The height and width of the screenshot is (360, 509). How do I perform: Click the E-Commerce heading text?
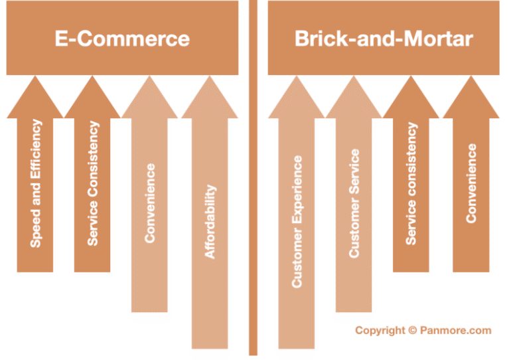(x=122, y=39)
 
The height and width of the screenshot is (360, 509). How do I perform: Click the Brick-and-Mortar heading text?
(x=384, y=39)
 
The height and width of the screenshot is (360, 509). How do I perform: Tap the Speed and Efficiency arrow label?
(x=36, y=183)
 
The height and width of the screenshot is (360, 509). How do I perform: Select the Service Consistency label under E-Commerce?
(x=93, y=183)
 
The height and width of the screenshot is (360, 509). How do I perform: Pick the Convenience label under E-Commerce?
(x=150, y=203)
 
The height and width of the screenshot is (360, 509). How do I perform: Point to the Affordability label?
(x=210, y=222)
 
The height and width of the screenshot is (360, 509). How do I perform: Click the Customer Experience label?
(x=297, y=222)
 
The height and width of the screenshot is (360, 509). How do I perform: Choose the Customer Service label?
(x=354, y=203)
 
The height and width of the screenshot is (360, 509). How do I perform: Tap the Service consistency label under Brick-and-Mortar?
(x=411, y=183)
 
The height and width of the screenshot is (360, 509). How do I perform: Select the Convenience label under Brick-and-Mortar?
(x=471, y=183)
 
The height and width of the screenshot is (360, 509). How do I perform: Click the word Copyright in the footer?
(x=380, y=331)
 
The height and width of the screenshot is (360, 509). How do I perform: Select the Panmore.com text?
(x=456, y=330)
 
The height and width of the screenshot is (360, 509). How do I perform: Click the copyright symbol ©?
(x=413, y=330)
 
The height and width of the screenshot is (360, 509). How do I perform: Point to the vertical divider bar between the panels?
(x=254, y=178)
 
